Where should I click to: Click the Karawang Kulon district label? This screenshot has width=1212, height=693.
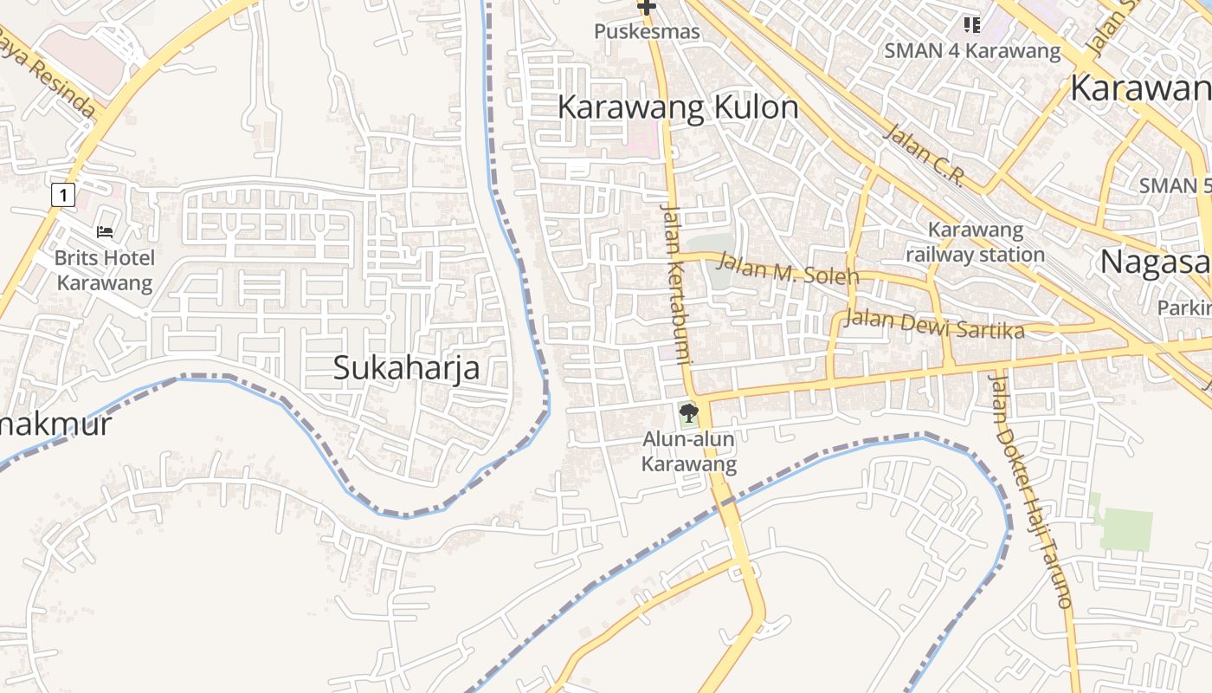coord(678,107)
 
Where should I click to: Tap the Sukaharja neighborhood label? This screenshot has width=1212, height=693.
coord(407,367)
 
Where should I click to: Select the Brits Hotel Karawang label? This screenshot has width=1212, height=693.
coord(104,270)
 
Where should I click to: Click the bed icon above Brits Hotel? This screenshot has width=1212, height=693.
coord(105,232)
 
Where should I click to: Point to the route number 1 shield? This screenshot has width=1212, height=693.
coord(62,195)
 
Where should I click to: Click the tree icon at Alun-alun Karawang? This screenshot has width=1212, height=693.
coord(689,412)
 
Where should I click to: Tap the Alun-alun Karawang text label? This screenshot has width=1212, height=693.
coord(688,451)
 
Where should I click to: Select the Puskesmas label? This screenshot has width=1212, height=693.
coord(647,32)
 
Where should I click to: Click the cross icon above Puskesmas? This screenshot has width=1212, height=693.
coord(646,8)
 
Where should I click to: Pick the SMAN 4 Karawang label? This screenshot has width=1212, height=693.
coord(972,50)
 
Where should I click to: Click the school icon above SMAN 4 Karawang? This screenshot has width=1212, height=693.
coord(971,24)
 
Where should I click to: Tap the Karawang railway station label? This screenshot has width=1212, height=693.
coord(976,243)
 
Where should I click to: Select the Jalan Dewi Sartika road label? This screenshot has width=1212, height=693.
coord(934,324)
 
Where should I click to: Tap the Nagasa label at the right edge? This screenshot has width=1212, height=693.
coord(1155,261)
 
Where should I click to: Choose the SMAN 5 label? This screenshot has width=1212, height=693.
coord(1174,185)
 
